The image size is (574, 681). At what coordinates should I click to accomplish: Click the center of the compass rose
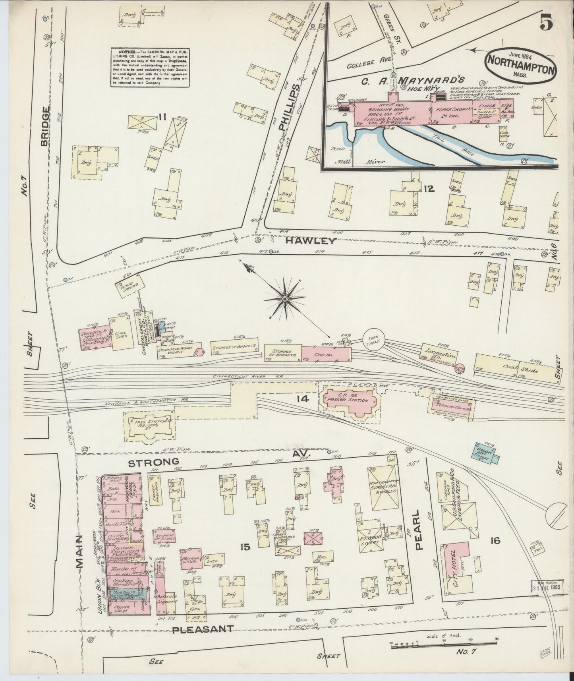click(x=285, y=298)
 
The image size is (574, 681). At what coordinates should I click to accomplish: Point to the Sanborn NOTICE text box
click(x=150, y=68)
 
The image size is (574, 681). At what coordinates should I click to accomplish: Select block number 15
click(x=245, y=547)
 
